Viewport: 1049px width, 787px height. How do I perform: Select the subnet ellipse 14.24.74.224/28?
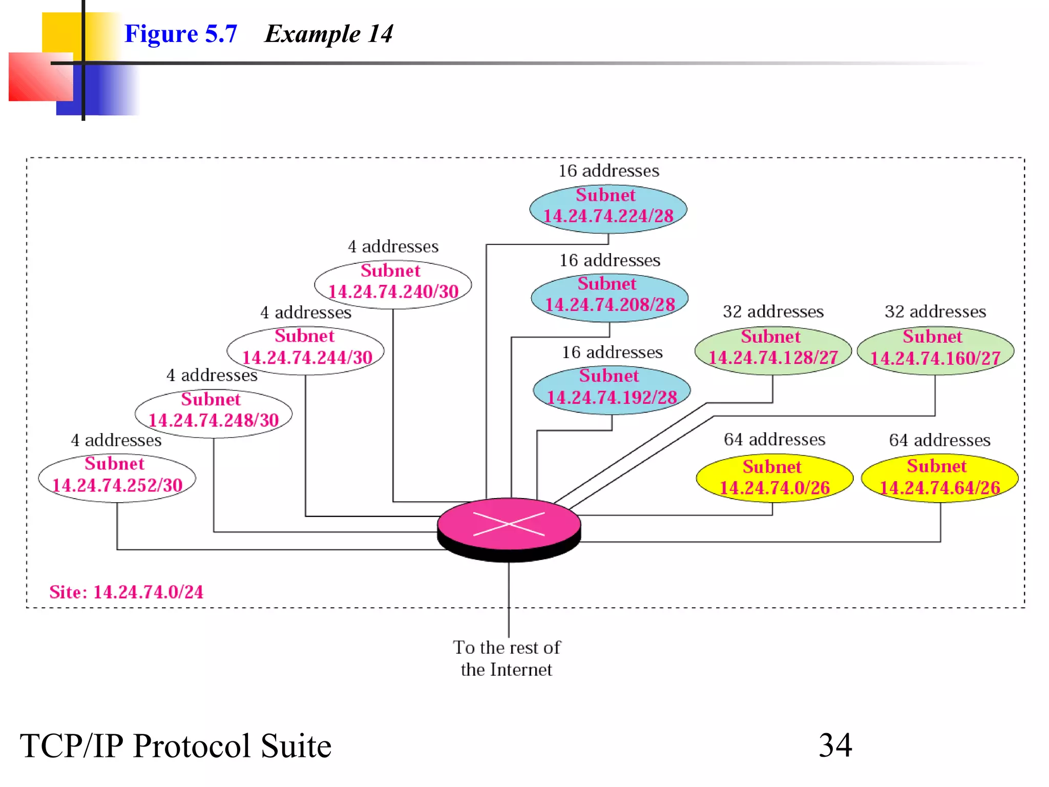[608, 209]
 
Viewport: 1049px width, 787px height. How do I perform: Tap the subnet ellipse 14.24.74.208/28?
[610, 298]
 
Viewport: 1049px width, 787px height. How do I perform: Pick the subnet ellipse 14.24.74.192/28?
[612, 390]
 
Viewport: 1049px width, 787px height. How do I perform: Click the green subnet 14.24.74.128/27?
[773, 350]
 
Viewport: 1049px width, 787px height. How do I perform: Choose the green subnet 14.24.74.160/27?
[935, 351]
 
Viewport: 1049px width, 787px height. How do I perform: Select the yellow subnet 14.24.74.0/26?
[774, 478]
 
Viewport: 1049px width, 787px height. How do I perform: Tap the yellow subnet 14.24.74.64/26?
[939, 478]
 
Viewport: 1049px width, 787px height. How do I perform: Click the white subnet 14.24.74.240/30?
[393, 284]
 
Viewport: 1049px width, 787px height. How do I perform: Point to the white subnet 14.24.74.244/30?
[306, 350]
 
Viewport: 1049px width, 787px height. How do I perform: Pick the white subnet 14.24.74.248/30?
[214, 413]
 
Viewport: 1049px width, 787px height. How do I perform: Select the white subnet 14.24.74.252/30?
[117, 478]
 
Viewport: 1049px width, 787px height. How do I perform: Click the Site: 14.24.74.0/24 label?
[126, 592]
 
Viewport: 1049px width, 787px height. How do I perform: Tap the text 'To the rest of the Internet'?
[507, 658]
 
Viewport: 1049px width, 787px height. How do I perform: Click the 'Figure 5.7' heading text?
[181, 34]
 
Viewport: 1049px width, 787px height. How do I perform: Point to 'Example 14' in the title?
[329, 34]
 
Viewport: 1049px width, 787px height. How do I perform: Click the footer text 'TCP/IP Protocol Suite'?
[176, 745]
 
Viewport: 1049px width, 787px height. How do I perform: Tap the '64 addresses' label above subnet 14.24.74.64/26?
[939, 440]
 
